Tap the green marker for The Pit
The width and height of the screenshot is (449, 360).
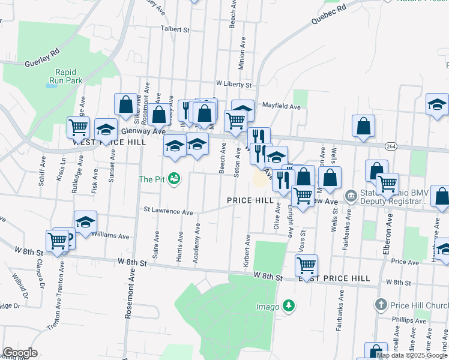[x=175, y=179]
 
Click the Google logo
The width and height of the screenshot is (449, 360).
[x=20, y=353]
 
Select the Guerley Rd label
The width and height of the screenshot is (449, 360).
[x=41, y=58]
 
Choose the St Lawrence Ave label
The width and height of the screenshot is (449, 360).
[x=168, y=212]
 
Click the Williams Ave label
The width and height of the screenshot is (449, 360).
[x=110, y=236]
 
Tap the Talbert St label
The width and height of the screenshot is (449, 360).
[x=174, y=29]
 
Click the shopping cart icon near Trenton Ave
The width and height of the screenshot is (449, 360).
[x=58, y=241]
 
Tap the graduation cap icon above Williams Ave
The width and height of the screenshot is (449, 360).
[x=85, y=222]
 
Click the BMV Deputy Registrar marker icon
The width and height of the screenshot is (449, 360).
[x=351, y=196]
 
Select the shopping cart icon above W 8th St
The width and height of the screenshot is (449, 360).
[x=306, y=264]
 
